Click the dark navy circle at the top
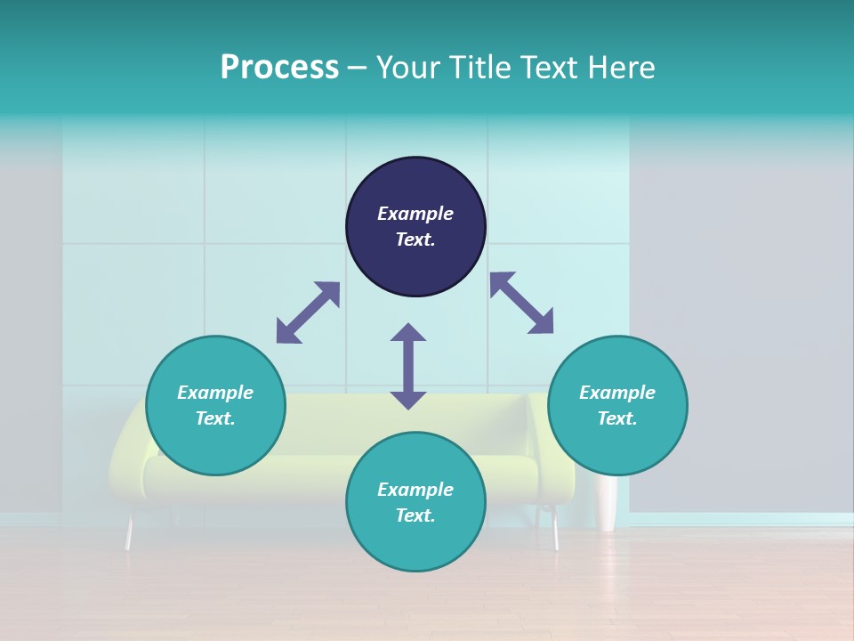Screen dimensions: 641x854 (x=415, y=226)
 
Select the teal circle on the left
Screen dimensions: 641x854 (x=215, y=405)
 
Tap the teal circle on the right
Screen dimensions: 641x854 (x=617, y=405)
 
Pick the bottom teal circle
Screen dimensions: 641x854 (x=415, y=502)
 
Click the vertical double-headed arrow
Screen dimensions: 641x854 (x=408, y=366)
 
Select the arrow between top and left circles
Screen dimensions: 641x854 (x=308, y=312)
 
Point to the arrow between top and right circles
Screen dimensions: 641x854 (x=521, y=303)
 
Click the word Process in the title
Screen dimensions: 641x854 (x=279, y=67)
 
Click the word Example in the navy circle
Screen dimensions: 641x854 (x=415, y=214)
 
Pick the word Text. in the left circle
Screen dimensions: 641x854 (x=215, y=418)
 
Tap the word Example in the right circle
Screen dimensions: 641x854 (x=617, y=393)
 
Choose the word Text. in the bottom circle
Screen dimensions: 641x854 (x=415, y=515)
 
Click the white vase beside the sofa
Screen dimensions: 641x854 (x=608, y=503)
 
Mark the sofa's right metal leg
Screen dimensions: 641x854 (x=555, y=531)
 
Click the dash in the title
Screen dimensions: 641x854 (x=358, y=68)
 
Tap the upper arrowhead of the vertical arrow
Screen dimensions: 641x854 (x=408, y=332)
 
